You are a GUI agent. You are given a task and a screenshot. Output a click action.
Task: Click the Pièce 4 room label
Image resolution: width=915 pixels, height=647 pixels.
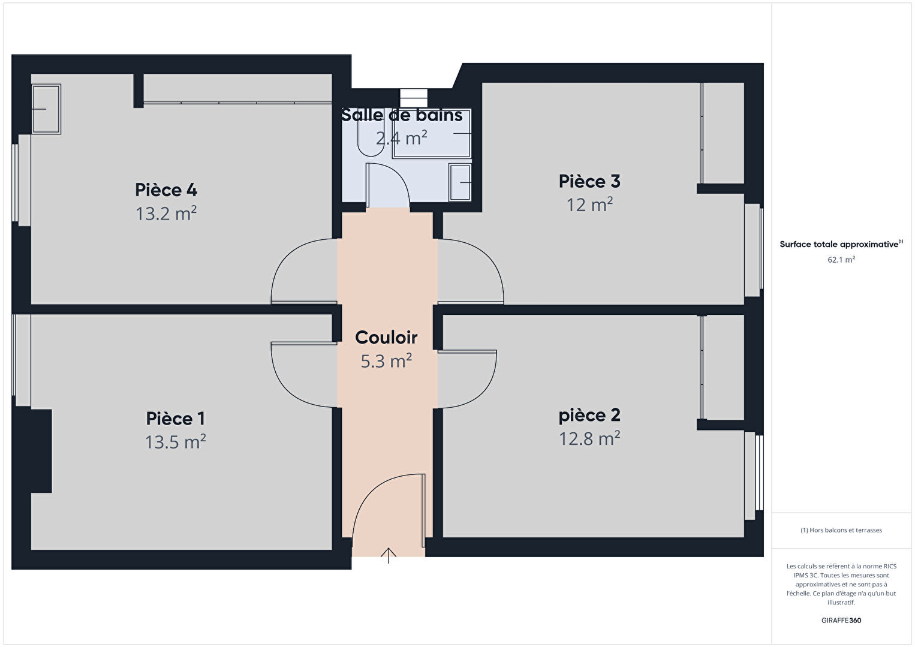[166, 190]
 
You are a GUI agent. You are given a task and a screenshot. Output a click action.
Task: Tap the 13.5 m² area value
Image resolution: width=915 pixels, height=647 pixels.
[176, 442]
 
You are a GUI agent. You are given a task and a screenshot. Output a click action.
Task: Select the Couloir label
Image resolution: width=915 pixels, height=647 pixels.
[386, 338]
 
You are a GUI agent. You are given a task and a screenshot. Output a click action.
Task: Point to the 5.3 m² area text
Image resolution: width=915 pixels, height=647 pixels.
[386, 361]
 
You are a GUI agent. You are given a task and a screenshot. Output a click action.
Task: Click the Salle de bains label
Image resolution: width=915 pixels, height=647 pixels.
[402, 115]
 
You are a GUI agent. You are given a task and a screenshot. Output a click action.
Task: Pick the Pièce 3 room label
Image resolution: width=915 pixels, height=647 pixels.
[589, 181]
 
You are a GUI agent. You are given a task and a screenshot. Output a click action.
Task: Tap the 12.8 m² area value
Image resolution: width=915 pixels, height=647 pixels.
[589, 439]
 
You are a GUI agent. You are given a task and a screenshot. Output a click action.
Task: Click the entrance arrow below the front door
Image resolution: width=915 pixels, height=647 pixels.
[389, 555]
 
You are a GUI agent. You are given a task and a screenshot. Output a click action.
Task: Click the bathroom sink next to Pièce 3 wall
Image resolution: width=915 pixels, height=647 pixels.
[460, 182]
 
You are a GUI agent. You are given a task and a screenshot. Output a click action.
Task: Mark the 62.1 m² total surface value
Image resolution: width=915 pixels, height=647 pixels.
[841, 260]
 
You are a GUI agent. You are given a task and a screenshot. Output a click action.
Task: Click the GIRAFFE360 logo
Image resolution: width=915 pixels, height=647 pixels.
[841, 621]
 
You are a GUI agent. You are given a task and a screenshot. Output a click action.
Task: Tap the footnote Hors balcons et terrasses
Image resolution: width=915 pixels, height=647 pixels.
[841, 530]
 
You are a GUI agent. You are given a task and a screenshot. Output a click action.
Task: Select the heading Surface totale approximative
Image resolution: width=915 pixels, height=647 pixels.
[839, 244]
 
